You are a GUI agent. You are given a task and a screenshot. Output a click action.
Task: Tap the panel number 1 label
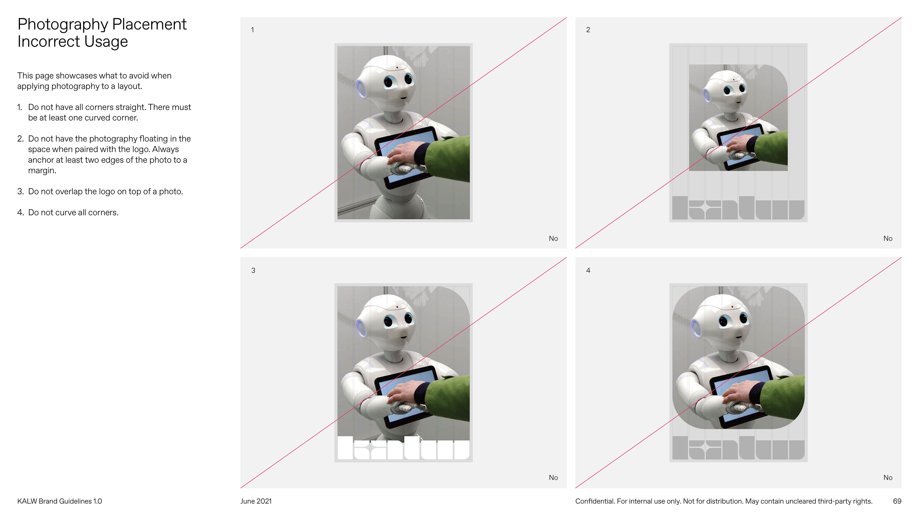coord(252,30)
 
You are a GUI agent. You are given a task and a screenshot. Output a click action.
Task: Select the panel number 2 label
coord(588,30)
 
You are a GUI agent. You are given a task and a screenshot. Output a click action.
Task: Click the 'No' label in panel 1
coord(553,239)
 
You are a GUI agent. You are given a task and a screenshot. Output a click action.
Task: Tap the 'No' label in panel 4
coord(888,478)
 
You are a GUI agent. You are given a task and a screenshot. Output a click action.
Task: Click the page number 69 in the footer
coord(897,501)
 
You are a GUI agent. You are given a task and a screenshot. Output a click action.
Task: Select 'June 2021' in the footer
coord(256,501)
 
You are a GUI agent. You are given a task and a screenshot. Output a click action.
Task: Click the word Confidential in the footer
coord(595,501)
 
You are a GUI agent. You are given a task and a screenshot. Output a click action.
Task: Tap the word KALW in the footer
coord(27,501)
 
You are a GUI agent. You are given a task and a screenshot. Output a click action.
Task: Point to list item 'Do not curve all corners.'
coord(68,213)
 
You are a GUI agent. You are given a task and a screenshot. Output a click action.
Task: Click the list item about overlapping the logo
coord(100,191)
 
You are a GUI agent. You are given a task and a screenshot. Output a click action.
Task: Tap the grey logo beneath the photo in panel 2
coord(738,208)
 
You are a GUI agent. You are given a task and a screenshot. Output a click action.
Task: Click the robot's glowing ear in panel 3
coord(361,328)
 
